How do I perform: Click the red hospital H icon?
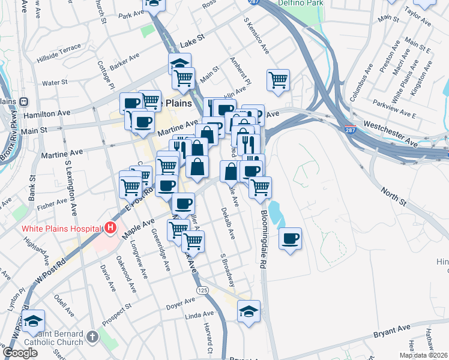pyautogui.click(x=110, y=228)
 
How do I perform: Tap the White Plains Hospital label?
pyautogui.click(x=60, y=228)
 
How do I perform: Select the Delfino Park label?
pyautogui.click(x=301, y=3)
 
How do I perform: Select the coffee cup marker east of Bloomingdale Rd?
pyautogui.click(x=291, y=238)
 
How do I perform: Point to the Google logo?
pyautogui.click(x=20, y=353)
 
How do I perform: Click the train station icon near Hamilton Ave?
pyautogui.click(x=25, y=102)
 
